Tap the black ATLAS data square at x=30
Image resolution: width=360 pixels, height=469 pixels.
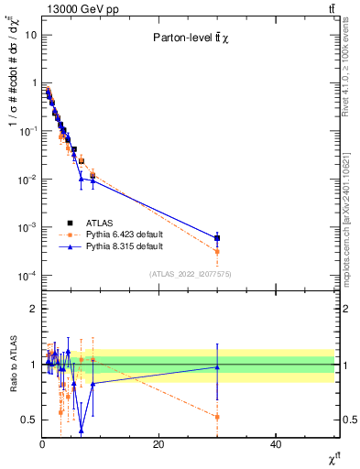[217, 238]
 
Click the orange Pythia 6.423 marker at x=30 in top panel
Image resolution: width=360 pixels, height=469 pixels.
[217, 251]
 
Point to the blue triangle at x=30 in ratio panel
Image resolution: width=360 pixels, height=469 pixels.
[217, 367]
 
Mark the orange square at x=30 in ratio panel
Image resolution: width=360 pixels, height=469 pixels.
[217, 417]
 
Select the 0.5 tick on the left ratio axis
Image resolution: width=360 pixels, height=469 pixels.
[30, 420]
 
